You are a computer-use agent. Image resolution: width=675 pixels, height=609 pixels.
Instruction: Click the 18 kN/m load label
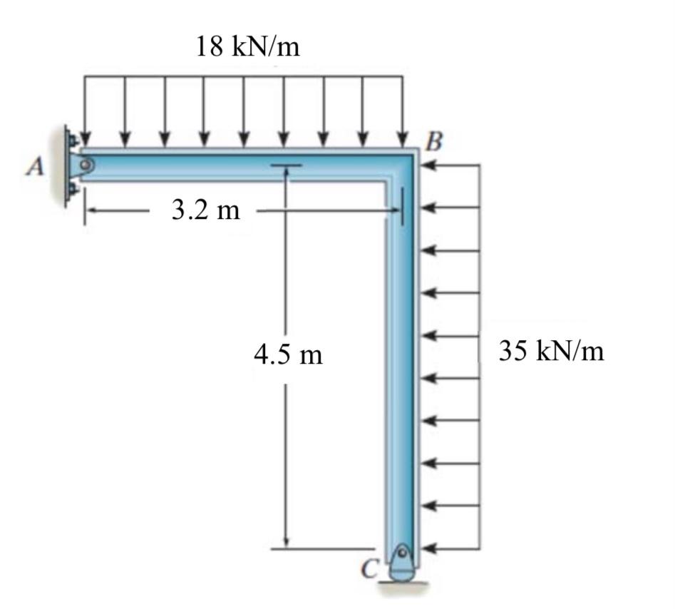(247, 47)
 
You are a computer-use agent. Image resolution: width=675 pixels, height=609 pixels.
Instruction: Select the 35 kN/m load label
(551, 351)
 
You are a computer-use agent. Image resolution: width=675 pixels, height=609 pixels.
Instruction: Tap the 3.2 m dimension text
(206, 211)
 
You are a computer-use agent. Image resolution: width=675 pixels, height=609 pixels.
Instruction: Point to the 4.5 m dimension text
(288, 354)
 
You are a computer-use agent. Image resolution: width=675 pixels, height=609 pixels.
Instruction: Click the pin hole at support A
(86, 165)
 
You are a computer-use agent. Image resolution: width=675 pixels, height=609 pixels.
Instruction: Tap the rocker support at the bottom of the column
(402, 563)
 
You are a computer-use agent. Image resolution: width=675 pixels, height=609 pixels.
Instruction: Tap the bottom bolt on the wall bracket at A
(73, 190)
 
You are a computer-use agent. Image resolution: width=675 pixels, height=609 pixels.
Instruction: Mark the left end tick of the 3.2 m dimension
(86, 211)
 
